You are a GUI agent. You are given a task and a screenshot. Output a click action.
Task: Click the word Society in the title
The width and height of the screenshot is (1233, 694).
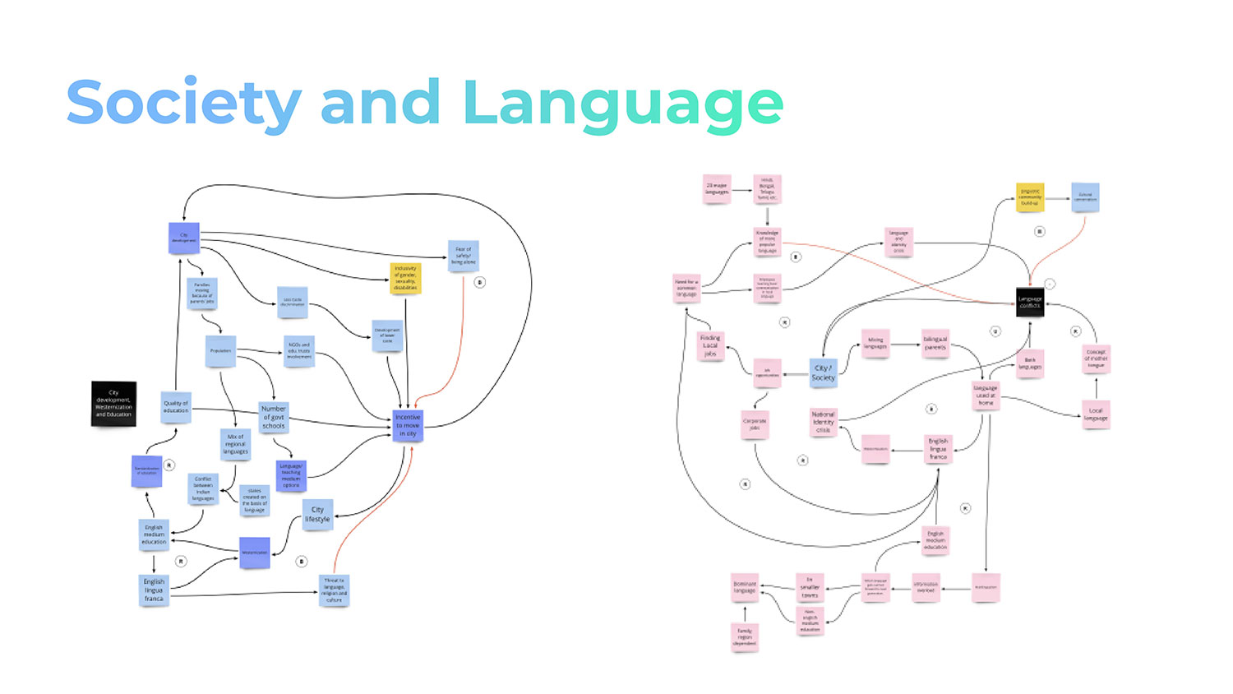(183, 104)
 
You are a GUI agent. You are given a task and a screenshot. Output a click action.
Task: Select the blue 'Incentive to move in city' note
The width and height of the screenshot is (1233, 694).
(408, 425)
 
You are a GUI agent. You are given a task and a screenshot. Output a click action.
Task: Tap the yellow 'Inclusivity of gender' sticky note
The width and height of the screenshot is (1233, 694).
(405, 278)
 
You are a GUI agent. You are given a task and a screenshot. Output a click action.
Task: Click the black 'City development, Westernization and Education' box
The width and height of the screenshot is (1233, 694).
(113, 404)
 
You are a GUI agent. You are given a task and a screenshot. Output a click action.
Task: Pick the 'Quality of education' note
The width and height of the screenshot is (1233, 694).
(176, 407)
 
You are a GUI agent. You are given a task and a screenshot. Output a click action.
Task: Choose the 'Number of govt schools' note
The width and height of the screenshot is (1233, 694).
(274, 417)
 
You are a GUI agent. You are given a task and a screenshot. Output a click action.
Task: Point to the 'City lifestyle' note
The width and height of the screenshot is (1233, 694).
(317, 515)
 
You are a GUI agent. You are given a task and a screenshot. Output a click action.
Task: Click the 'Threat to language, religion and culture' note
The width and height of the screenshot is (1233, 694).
(334, 590)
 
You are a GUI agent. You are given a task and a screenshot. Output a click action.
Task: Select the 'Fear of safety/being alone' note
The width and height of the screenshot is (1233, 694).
(464, 256)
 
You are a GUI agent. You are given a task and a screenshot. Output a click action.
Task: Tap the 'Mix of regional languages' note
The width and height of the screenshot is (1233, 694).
(235, 444)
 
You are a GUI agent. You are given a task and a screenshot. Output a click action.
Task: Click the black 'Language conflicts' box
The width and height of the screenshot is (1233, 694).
(1030, 301)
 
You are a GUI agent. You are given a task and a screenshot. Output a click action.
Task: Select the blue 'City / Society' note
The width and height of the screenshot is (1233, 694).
(823, 372)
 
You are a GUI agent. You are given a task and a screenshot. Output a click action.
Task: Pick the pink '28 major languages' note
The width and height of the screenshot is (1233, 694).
(717, 188)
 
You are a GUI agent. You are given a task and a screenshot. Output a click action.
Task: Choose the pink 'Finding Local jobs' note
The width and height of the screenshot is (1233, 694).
(710, 345)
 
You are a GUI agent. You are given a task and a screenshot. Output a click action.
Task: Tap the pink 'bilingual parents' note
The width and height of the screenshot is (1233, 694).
(935, 343)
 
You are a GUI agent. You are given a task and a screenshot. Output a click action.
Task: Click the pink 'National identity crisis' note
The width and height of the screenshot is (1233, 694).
(823, 422)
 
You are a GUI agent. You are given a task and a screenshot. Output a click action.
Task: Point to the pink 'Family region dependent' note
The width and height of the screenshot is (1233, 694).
(745, 636)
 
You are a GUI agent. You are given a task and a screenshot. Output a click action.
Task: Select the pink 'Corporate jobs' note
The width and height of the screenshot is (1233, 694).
(755, 424)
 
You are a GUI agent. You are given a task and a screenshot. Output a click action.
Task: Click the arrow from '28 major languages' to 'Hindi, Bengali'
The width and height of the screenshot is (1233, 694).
(742, 190)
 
